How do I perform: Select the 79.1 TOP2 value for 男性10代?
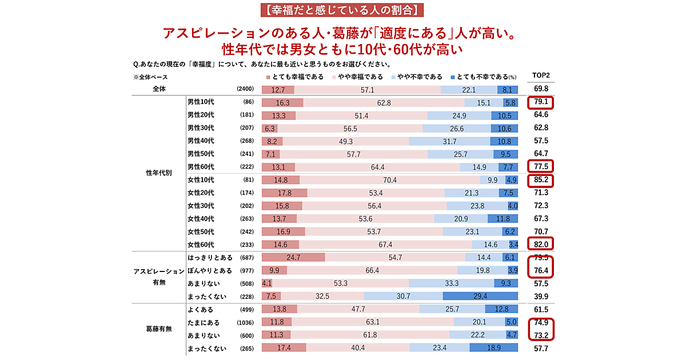540,103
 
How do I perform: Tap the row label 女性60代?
201,245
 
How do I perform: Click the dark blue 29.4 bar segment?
480,296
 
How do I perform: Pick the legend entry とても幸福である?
295,77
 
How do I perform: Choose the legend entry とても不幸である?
481,77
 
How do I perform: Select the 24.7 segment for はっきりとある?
293,258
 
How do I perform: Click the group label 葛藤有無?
156,329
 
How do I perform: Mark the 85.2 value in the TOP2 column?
540,180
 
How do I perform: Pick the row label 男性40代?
201,141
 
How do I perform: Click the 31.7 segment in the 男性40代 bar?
449,141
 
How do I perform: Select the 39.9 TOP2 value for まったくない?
540,296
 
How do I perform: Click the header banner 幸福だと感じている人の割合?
343,10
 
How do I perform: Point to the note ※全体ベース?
150,77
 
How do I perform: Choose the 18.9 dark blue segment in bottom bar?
493,348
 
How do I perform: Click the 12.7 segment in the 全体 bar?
278,90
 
